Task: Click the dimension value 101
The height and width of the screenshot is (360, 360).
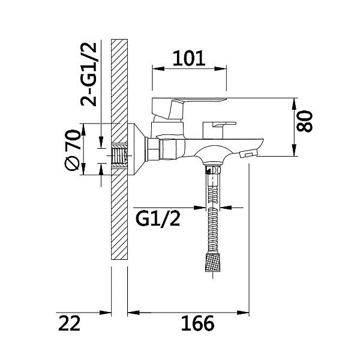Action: point(189,58)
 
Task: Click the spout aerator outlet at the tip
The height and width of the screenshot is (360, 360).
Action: point(246,155)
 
